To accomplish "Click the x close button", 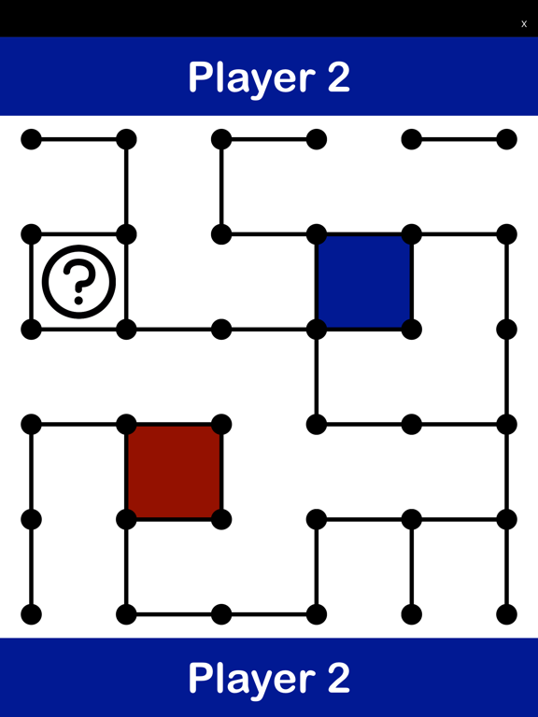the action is point(524,23).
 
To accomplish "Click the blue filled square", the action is point(364,282).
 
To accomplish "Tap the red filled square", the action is point(174,471).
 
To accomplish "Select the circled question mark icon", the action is point(78,282).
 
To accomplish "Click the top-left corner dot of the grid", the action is point(31,139).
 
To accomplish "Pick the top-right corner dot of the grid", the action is point(507,139).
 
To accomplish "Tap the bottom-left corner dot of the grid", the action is point(31,614).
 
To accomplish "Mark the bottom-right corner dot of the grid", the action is point(507,614).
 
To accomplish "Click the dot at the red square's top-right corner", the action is point(221,425).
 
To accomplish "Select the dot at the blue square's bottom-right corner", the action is point(412,330).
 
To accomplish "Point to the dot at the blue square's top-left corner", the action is point(317,234).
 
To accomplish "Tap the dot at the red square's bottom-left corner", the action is point(126,519).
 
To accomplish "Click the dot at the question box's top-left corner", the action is point(31,234).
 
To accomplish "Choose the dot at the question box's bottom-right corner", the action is point(126,330).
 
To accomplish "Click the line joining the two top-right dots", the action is point(460,139).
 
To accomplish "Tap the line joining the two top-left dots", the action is point(78,139).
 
